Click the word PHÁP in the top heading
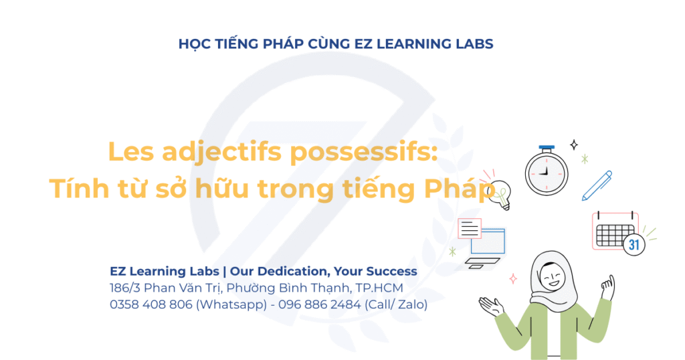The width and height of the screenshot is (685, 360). pos(283,43)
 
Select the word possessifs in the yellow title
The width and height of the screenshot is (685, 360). pos(363,152)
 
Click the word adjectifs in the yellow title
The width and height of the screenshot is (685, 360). pos(221,153)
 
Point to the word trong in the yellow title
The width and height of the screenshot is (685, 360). pos(295,189)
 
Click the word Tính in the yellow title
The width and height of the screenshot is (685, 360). pos(79,188)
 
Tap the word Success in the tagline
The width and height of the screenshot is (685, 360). pos(391,271)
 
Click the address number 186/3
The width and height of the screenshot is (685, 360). pos(125,288)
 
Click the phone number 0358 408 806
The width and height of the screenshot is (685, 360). pos(151,304)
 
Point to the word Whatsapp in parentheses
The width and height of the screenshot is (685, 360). pos(231,305)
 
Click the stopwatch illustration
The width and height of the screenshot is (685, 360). pos(547,171)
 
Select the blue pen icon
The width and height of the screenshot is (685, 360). pos(597,185)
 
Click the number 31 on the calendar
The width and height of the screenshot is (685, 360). pos(634,244)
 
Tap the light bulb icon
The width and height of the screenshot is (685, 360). pos(500,195)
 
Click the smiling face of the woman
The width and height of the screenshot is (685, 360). pos(552,276)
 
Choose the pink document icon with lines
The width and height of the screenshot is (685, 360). pos(470,228)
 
